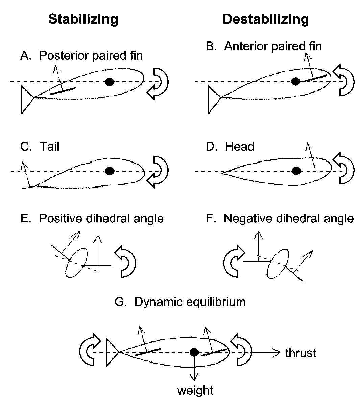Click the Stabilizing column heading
click(83, 19)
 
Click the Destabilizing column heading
click(265, 19)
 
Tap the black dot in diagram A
click(109, 82)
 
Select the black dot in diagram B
click(296, 81)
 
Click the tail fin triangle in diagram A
click(26, 99)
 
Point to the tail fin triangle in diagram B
click(213, 99)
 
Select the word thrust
click(301, 353)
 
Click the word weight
click(195, 391)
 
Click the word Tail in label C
click(49, 147)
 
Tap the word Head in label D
click(239, 147)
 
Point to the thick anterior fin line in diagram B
click(314, 78)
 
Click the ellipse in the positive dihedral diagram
click(77, 263)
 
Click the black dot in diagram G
click(194, 352)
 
